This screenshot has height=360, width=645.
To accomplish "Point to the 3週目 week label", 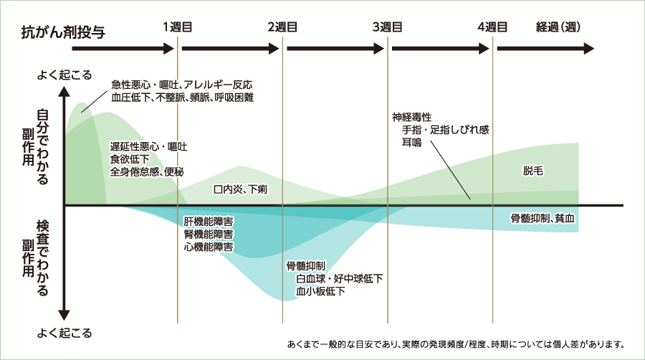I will click(388, 27).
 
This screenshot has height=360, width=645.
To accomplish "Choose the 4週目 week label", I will click(493, 27).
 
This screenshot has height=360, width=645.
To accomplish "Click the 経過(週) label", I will click(558, 27).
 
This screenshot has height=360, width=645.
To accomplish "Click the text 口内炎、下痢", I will click(240, 190).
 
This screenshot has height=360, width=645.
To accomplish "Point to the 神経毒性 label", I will click(411, 116).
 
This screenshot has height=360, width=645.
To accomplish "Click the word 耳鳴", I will click(411, 142).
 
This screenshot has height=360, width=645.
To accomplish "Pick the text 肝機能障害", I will click(208, 220).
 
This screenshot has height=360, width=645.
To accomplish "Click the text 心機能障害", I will click(208, 247).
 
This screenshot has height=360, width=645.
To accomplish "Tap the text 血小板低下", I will click(320, 291).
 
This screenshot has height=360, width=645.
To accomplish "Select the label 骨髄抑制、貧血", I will click(543, 217).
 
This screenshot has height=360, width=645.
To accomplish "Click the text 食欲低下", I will click(130, 158).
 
